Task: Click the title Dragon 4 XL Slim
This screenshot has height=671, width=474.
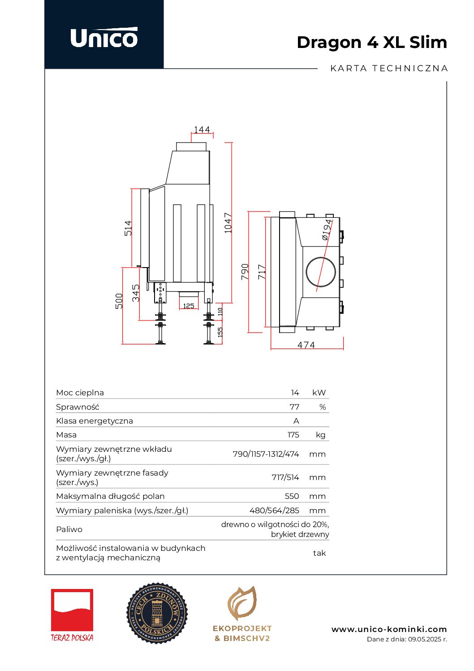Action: [372, 42]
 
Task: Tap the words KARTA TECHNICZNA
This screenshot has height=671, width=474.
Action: [389, 69]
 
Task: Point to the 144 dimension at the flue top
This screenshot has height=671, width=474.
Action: [202, 130]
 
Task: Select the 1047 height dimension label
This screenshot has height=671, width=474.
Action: [228, 223]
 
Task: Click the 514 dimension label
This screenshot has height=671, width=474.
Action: [129, 228]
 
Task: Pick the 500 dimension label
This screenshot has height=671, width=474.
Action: [119, 301]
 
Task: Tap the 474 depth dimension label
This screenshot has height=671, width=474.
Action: [306, 345]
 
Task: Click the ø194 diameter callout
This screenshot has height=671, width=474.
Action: [327, 229]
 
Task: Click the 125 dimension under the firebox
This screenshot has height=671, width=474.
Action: [189, 306]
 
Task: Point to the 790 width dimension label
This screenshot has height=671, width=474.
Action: [245, 272]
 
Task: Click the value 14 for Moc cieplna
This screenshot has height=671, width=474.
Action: [295, 393]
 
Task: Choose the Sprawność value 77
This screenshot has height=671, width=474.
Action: [294, 407]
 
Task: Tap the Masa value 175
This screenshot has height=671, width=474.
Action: [293, 435]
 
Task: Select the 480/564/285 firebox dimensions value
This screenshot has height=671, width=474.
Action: [274, 511]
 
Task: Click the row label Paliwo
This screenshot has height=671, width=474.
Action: [69, 529]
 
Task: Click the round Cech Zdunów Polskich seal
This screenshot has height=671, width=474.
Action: [157, 613]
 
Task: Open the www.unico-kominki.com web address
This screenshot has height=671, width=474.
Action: [389, 629]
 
